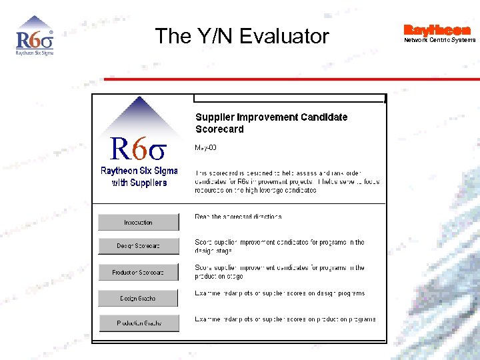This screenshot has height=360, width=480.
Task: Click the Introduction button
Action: click(x=139, y=222)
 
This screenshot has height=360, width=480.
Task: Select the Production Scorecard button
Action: click(x=139, y=272)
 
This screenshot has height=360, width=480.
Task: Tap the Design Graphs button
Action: click(x=139, y=298)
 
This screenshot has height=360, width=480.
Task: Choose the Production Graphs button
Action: click(x=139, y=323)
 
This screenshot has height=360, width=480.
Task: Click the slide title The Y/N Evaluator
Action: click(x=242, y=36)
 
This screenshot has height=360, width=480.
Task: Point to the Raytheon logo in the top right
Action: click(x=437, y=30)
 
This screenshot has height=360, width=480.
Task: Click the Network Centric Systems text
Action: click(x=439, y=40)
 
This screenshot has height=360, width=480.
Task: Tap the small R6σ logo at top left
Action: click(x=34, y=37)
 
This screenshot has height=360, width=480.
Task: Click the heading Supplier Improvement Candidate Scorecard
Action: click(x=271, y=123)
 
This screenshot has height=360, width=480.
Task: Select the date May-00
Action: click(x=205, y=147)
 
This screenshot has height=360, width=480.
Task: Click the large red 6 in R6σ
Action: click(x=139, y=150)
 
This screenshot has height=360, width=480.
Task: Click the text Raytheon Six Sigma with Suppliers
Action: click(x=139, y=177)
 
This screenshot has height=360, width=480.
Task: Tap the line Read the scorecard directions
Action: click(x=238, y=217)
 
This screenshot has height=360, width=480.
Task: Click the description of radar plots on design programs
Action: click(x=279, y=293)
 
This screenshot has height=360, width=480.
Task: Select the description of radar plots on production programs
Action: click(x=285, y=319)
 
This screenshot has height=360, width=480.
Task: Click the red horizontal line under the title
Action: click(x=291, y=79)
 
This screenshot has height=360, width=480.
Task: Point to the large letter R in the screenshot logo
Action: click(x=120, y=149)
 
